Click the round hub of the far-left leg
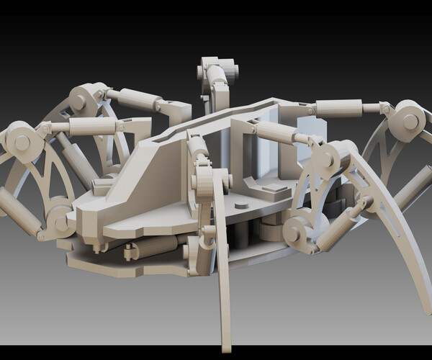tap(22, 140)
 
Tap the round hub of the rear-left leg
tap(81, 101)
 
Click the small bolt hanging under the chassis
tap(130, 252)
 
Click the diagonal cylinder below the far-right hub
tap(410, 186)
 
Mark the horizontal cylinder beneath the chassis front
tap(155, 247)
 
